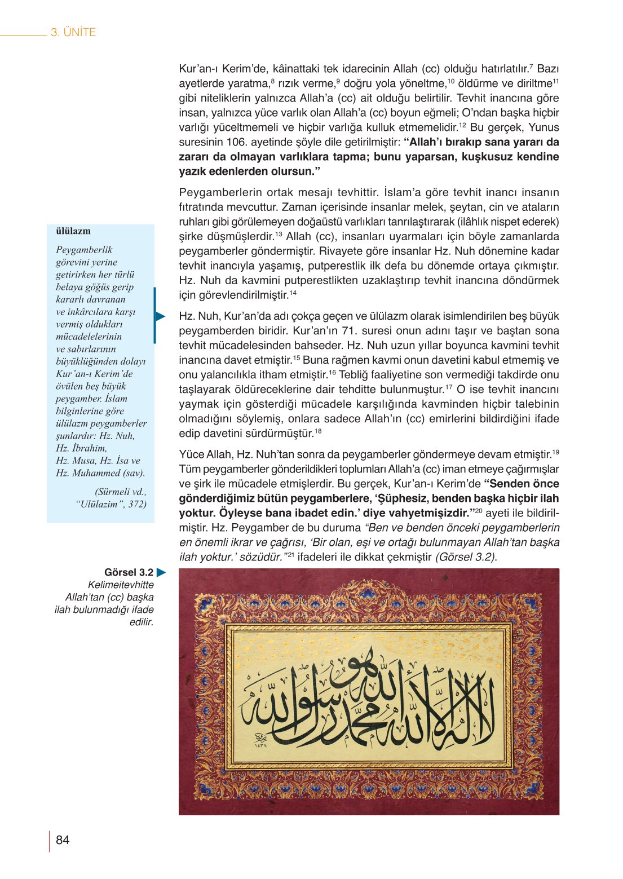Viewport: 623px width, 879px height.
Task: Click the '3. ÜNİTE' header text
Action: coord(73,33)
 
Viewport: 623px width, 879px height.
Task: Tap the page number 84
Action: coord(63,840)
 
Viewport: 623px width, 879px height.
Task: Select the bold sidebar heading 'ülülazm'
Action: coord(73,231)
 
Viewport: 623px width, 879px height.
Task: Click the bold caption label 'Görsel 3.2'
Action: coord(129,573)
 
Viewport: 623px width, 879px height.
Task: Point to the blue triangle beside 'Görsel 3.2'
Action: coord(161,573)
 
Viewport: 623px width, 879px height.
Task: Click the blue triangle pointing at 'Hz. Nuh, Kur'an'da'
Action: coord(161,316)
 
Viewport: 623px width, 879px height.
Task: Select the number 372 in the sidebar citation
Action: coord(137,504)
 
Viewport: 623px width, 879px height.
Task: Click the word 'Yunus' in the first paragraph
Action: coord(544,127)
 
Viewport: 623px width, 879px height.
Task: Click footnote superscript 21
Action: coord(291,555)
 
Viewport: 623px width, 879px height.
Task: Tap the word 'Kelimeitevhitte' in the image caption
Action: coord(121,585)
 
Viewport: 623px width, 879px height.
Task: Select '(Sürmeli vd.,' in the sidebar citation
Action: coord(121,492)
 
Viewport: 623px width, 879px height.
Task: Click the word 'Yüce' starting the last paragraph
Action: coord(191,454)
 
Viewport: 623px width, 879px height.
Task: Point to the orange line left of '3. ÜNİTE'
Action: coord(23,36)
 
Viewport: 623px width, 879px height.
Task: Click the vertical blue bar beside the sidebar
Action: coord(154,315)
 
